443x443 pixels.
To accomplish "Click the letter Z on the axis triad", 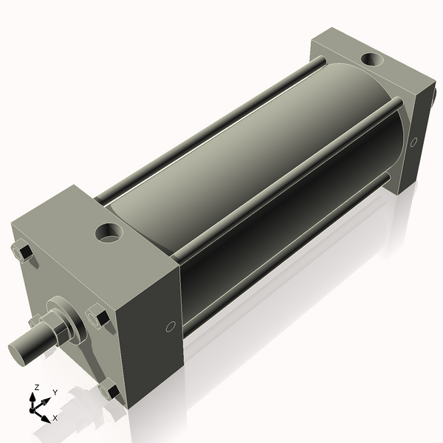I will [36, 387].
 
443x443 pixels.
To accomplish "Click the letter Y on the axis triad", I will [55, 393].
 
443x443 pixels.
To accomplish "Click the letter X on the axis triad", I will [55, 418].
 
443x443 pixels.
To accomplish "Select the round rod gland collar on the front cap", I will [63, 321].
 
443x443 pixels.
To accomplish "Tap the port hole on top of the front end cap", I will [110, 234].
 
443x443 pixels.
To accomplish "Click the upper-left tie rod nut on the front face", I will [24, 253].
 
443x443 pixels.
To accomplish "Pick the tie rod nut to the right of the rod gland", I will [98, 317].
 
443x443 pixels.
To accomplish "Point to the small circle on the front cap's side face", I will [171, 326].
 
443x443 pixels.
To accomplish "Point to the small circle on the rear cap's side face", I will [413, 141].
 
